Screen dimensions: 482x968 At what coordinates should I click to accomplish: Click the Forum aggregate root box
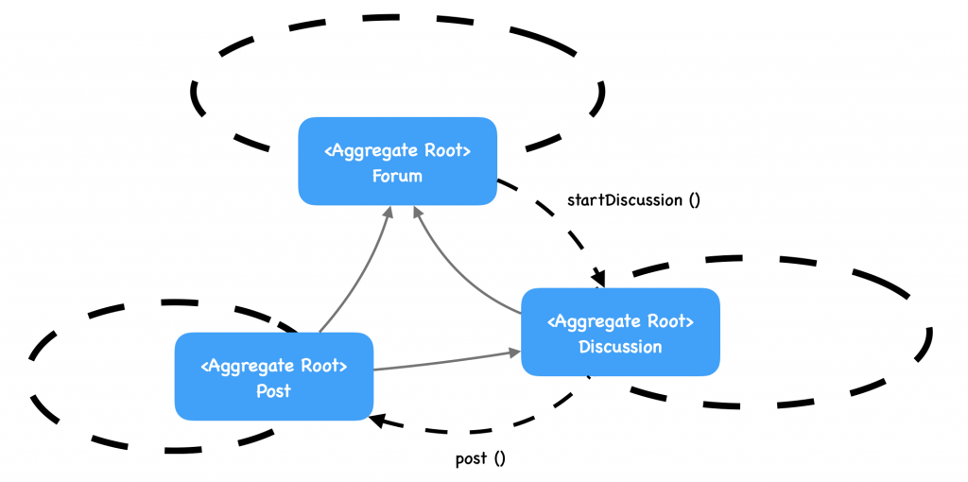397,161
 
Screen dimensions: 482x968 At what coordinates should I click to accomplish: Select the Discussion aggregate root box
620,332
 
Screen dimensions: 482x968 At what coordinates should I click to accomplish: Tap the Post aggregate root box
274,376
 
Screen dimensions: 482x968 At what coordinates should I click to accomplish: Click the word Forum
397,176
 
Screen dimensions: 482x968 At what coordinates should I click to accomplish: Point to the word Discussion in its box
620,347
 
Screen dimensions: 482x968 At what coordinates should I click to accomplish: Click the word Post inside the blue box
273,390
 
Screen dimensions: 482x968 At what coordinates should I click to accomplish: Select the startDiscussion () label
632,199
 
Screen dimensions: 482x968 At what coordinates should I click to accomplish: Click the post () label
480,458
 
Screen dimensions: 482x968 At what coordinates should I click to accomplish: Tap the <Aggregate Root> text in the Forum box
397,151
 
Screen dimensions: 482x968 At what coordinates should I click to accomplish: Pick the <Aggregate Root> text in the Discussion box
620,321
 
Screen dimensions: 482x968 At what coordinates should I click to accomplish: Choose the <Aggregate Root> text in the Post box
274,366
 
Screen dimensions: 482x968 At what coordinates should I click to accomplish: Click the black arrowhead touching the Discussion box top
598,278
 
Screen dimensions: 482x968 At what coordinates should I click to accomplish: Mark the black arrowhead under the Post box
377,419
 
